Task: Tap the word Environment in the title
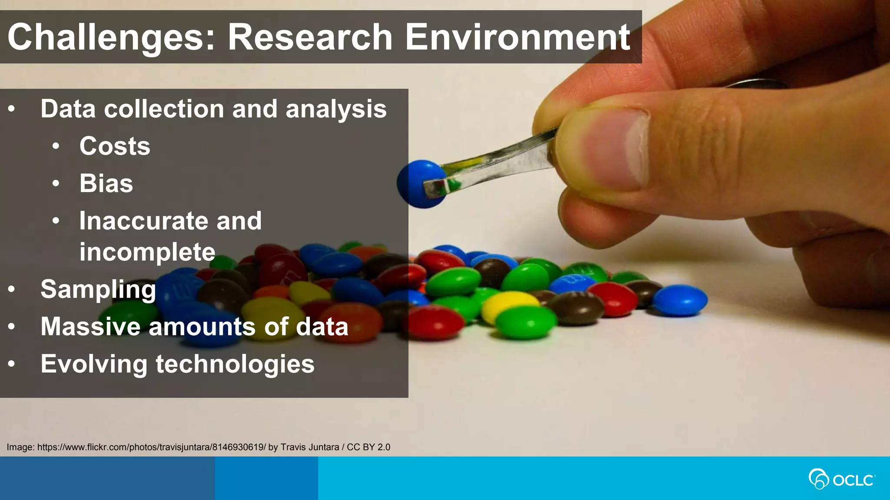tap(517, 37)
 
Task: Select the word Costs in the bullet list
tap(115, 146)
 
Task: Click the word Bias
tap(106, 184)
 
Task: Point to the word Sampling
tap(98, 289)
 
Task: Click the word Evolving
tap(94, 364)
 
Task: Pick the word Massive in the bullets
tap(90, 326)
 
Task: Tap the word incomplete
tap(147, 252)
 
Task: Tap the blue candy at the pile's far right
tap(680, 299)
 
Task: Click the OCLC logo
tap(841, 479)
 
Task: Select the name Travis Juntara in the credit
tap(309, 447)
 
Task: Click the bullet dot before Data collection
tap(12, 109)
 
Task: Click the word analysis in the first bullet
tap(336, 109)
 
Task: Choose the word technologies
tap(235, 364)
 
